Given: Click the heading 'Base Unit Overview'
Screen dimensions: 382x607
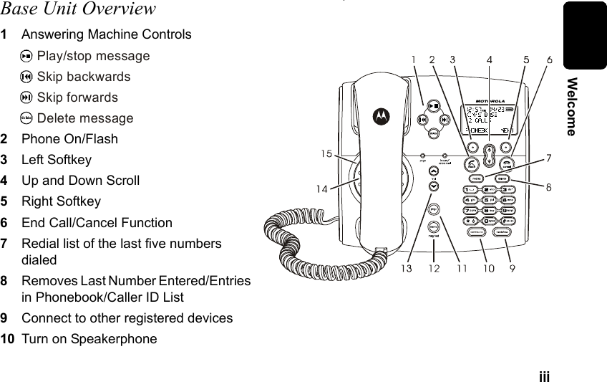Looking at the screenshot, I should (78, 9).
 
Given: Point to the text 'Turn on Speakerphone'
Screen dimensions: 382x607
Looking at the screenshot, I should (89, 338).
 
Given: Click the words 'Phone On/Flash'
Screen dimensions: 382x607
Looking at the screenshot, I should (69, 139).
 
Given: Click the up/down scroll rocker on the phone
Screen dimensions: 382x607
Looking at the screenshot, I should (490, 155).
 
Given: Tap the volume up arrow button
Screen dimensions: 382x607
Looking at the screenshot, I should (434, 171).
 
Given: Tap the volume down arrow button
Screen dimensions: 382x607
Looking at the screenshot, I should (434, 186).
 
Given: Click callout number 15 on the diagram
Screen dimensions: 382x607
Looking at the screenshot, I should (326, 154).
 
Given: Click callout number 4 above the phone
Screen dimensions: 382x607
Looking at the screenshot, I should (489, 59).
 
